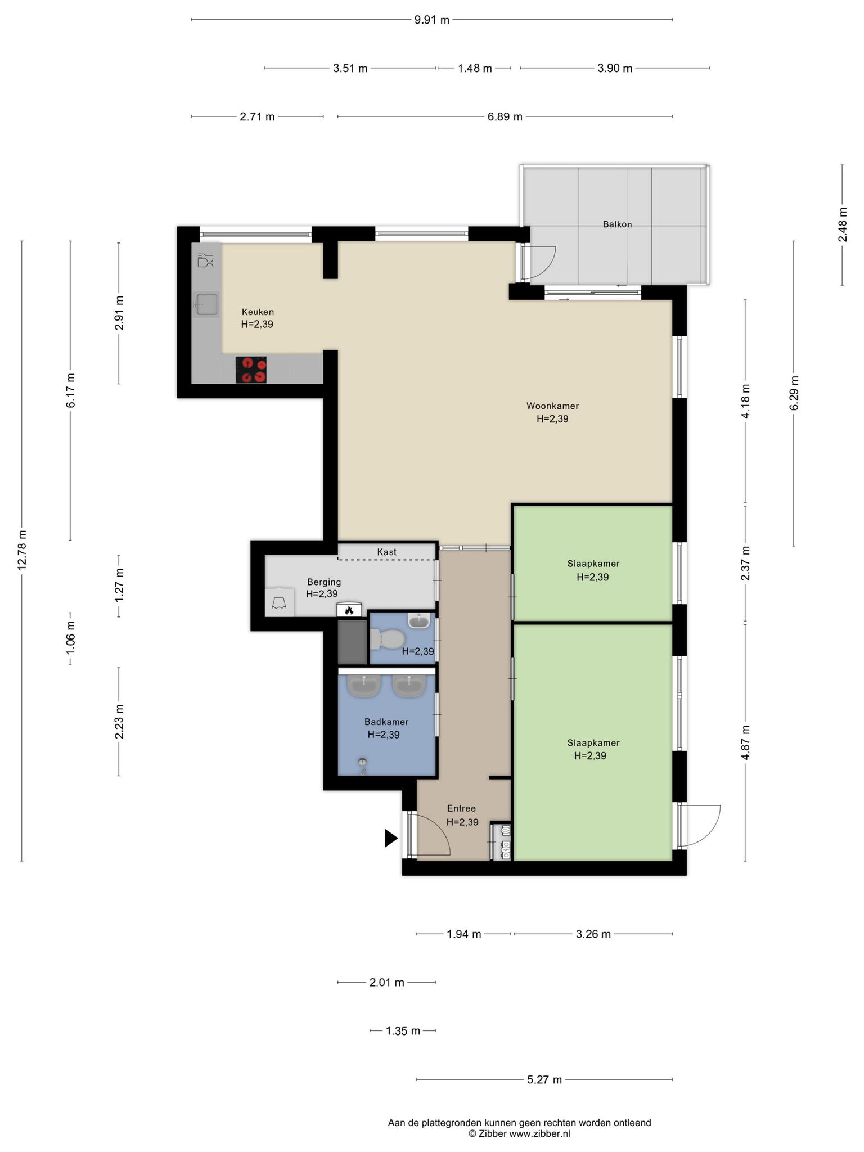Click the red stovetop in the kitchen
click(251, 370)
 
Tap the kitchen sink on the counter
click(206, 304)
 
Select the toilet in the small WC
click(388, 639)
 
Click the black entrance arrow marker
click(391, 838)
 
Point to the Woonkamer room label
click(552, 406)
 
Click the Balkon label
click(617, 224)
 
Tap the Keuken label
click(258, 312)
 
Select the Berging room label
click(324, 582)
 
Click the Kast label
click(387, 552)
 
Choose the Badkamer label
click(386, 722)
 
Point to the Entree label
click(461, 809)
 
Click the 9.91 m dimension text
click(432, 20)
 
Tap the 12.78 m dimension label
click(22, 550)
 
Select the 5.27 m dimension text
click(544, 1080)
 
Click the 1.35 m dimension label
click(403, 1031)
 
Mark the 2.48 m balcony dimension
click(842, 225)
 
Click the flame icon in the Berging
click(349, 610)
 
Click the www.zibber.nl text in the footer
click(539, 1133)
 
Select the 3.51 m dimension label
click(350, 69)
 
